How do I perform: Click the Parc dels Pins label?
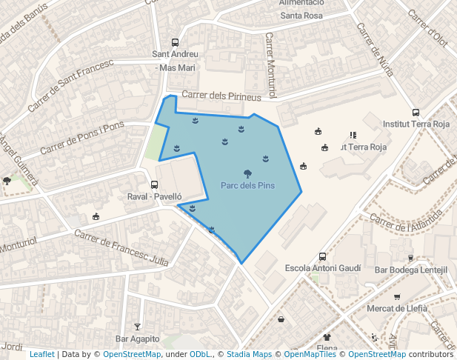coord(247,184)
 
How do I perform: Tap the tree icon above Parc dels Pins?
coord(247,172)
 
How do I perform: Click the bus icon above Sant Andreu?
coord(175,42)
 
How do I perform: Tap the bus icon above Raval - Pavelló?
coord(154,184)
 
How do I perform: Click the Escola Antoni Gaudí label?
coord(323,267)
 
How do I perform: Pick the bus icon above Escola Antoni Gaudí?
coord(322,256)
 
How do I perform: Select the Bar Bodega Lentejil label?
coord(411,270)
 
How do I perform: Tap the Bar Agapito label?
coord(137,339)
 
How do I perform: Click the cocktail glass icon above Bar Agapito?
coord(137,327)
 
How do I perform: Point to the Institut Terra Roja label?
coord(416,124)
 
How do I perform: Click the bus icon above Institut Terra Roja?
coord(416,113)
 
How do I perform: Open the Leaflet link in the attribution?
coord(42,354)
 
